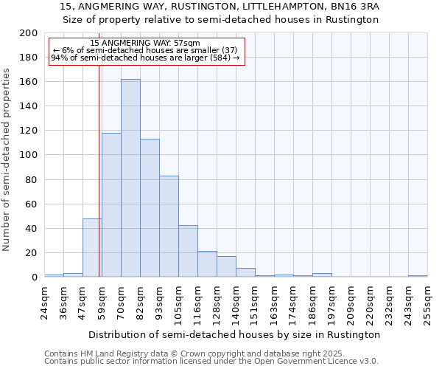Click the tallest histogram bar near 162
click(130, 178)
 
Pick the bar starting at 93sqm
click(169, 227)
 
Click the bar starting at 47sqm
click(92, 248)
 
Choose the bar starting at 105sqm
click(188, 251)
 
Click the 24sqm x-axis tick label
click(45, 301)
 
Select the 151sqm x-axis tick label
click(256, 301)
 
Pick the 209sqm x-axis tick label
click(351, 301)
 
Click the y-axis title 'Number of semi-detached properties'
click(7, 159)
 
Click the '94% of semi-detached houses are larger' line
click(145, 58)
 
